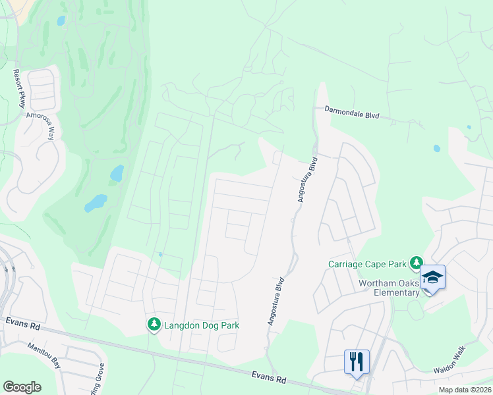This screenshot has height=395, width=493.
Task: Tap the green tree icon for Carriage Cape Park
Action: [x=416, y=263]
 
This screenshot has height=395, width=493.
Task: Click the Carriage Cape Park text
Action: [x=367, y=265]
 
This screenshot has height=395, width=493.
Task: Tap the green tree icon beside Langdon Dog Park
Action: [x=154, y=325]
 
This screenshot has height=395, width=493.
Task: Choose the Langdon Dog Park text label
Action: [x=201, y=325]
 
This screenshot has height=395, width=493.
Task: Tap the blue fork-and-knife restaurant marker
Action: [x=357, y=362]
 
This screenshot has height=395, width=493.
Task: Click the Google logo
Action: [x=22, y=387]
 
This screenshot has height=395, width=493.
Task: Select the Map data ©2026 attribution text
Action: [x=464, y=390]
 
